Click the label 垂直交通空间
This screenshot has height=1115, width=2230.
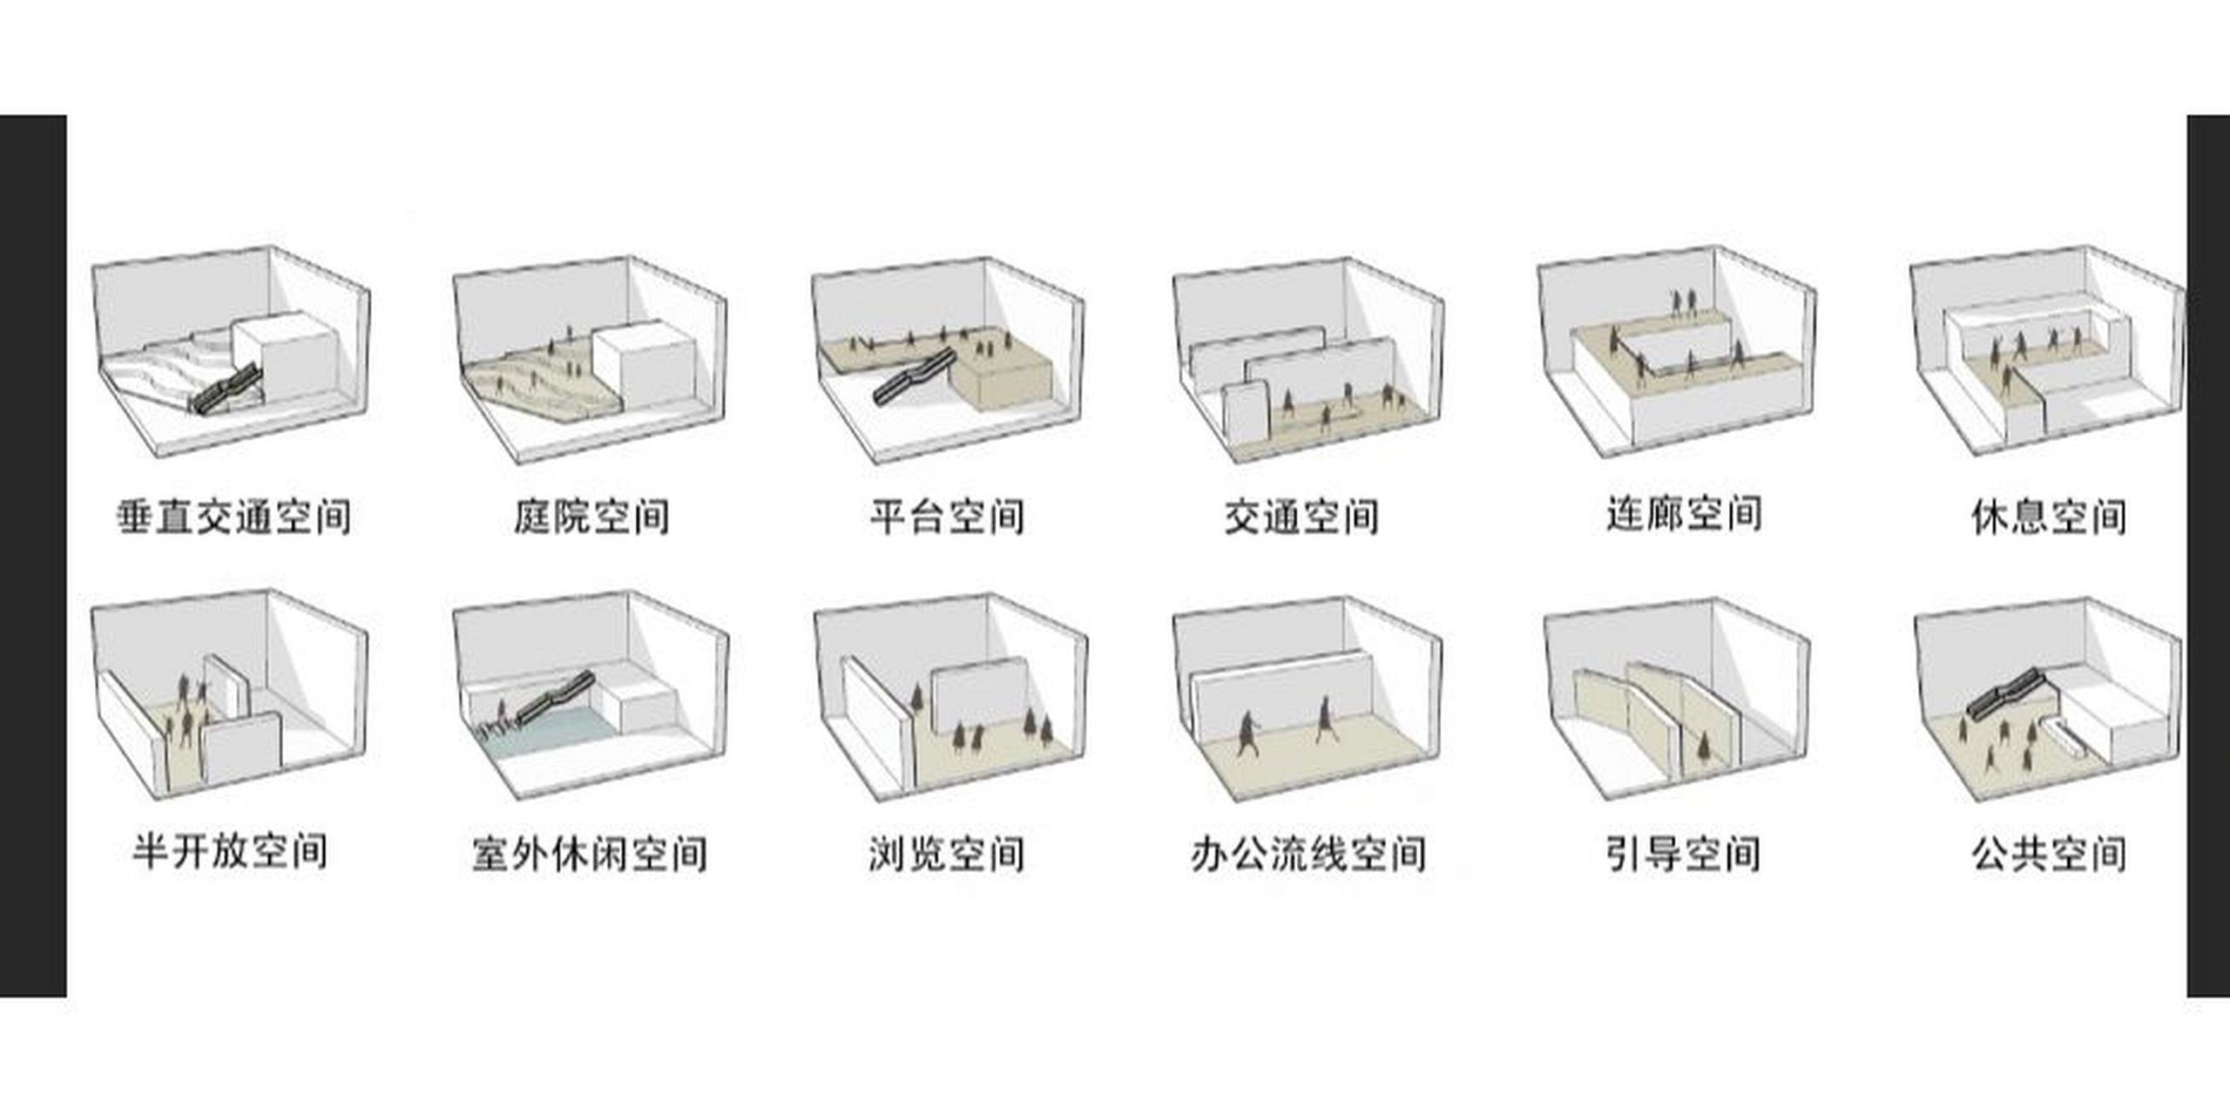234,517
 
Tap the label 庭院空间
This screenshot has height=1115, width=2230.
591,517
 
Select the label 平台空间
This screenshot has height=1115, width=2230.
947,517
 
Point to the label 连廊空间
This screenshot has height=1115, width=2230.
1684,514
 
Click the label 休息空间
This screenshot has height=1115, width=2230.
2049,517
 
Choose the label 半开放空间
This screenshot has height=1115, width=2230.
230,851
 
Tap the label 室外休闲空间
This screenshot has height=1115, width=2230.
590,854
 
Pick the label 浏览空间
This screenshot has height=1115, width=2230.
947,854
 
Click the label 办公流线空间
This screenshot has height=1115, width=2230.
1308,854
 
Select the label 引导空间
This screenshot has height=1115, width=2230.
1683,854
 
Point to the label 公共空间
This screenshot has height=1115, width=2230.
2049,854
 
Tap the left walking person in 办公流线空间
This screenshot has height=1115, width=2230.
1248,734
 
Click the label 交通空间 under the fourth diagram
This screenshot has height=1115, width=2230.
1301,517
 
